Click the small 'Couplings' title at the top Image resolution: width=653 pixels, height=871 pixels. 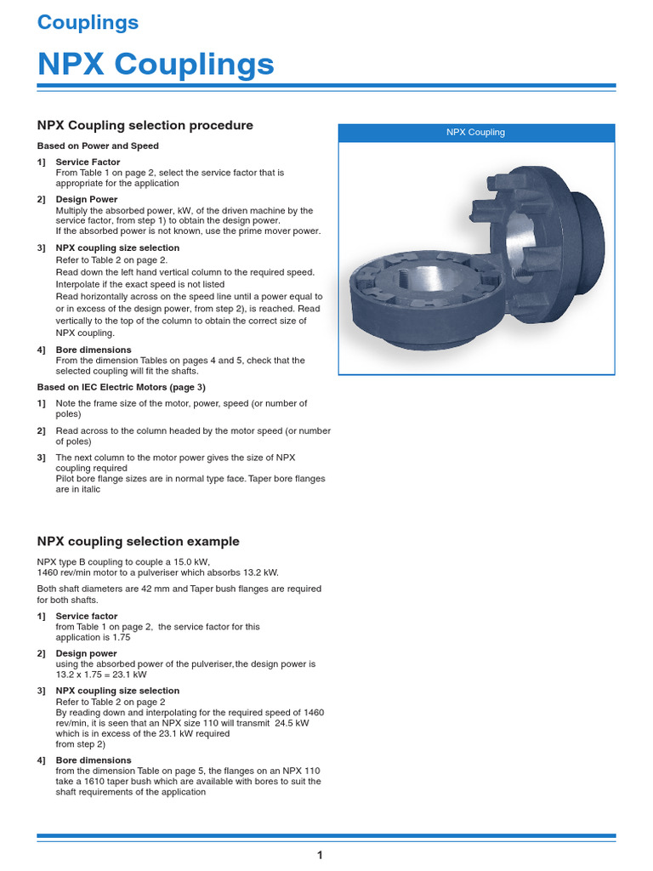click(x=88, y=23)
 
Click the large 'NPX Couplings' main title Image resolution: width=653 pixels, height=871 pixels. click(x=156, y=64)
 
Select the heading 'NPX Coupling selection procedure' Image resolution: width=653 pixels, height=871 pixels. click(x=145, y=125)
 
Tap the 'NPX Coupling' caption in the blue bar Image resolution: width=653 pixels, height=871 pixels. click(x=476, y=133)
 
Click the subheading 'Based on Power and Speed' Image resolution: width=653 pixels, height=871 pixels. click(x=98, y=146)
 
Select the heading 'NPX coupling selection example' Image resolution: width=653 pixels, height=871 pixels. click(x=139, y=541)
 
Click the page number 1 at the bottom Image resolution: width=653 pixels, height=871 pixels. click(x=320, y=855)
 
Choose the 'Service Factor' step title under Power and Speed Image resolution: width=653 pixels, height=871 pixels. click(x=88, y=162)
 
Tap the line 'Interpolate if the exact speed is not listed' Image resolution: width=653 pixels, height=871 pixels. click(x=140, y=284)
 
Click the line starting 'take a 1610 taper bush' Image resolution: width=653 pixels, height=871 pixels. click(x=188, y=781)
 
